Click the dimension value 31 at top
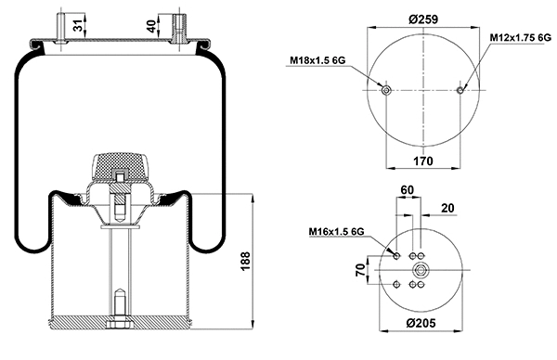tap(78, 22)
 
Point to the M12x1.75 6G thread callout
tap(520, 37)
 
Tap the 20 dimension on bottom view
tap(448, 209)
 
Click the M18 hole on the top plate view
tap(386, 90)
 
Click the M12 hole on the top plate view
tap(460, 90)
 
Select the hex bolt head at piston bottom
tap(121, 324)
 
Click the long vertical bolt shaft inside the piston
tap(121, 260)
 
